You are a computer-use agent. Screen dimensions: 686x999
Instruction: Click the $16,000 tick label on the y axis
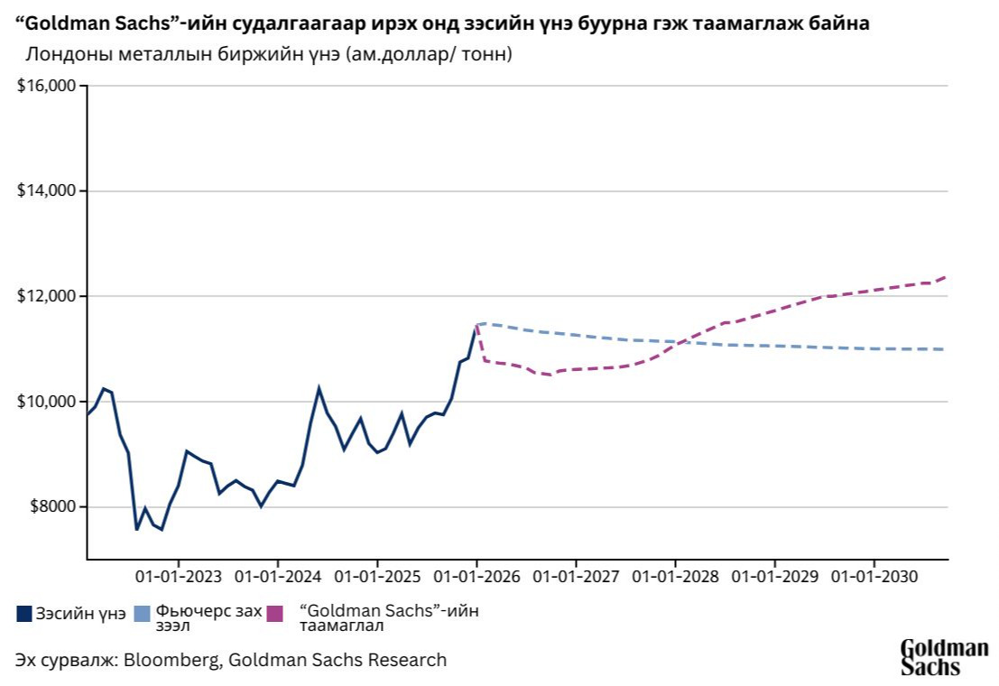click(47, 86)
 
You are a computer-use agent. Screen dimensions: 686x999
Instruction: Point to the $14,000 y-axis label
click(47, 191)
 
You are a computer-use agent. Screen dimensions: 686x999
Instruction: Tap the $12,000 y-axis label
click(47, 296)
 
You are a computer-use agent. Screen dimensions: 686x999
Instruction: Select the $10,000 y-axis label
click(47, 402)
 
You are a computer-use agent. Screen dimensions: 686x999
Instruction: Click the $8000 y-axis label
click(51, 506)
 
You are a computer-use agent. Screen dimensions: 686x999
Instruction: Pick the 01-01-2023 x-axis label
click(178, 576)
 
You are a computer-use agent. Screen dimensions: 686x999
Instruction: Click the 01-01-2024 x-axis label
click(277, 576)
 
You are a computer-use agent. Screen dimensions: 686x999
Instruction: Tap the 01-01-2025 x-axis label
click(376, 576)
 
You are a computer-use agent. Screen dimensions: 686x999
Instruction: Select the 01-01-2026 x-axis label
click(476, 576)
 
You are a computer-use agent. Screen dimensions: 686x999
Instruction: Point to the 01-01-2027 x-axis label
click(575, 576)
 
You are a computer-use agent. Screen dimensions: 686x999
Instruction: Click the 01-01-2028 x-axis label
click(674, 576)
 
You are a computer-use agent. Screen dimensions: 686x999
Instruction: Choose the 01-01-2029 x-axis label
click(773, 576)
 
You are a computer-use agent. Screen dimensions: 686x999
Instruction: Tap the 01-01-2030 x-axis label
click(873, 576)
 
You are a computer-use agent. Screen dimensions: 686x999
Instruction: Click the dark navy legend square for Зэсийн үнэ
click(24, 614)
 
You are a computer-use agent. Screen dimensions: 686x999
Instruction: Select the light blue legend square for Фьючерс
click(142, 614)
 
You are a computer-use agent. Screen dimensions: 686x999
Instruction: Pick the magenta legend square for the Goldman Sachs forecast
click(276, 614)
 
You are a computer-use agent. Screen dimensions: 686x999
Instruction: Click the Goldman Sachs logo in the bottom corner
click(944, 657)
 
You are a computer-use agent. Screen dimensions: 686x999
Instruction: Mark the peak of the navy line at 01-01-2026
click(476, 325)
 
